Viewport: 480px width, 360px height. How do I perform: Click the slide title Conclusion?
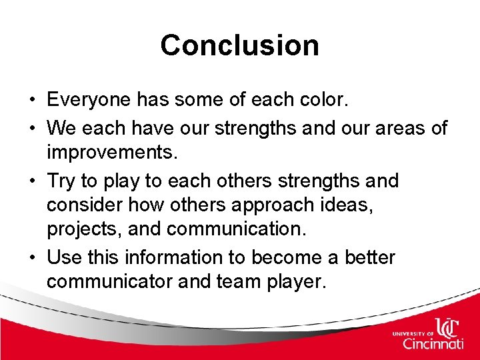pos(239,45)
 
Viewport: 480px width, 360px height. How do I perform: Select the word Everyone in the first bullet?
pos(89,101)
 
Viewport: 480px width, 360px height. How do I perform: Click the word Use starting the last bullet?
pos(63,257)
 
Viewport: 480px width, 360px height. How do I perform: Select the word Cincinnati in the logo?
pos(433,344)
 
